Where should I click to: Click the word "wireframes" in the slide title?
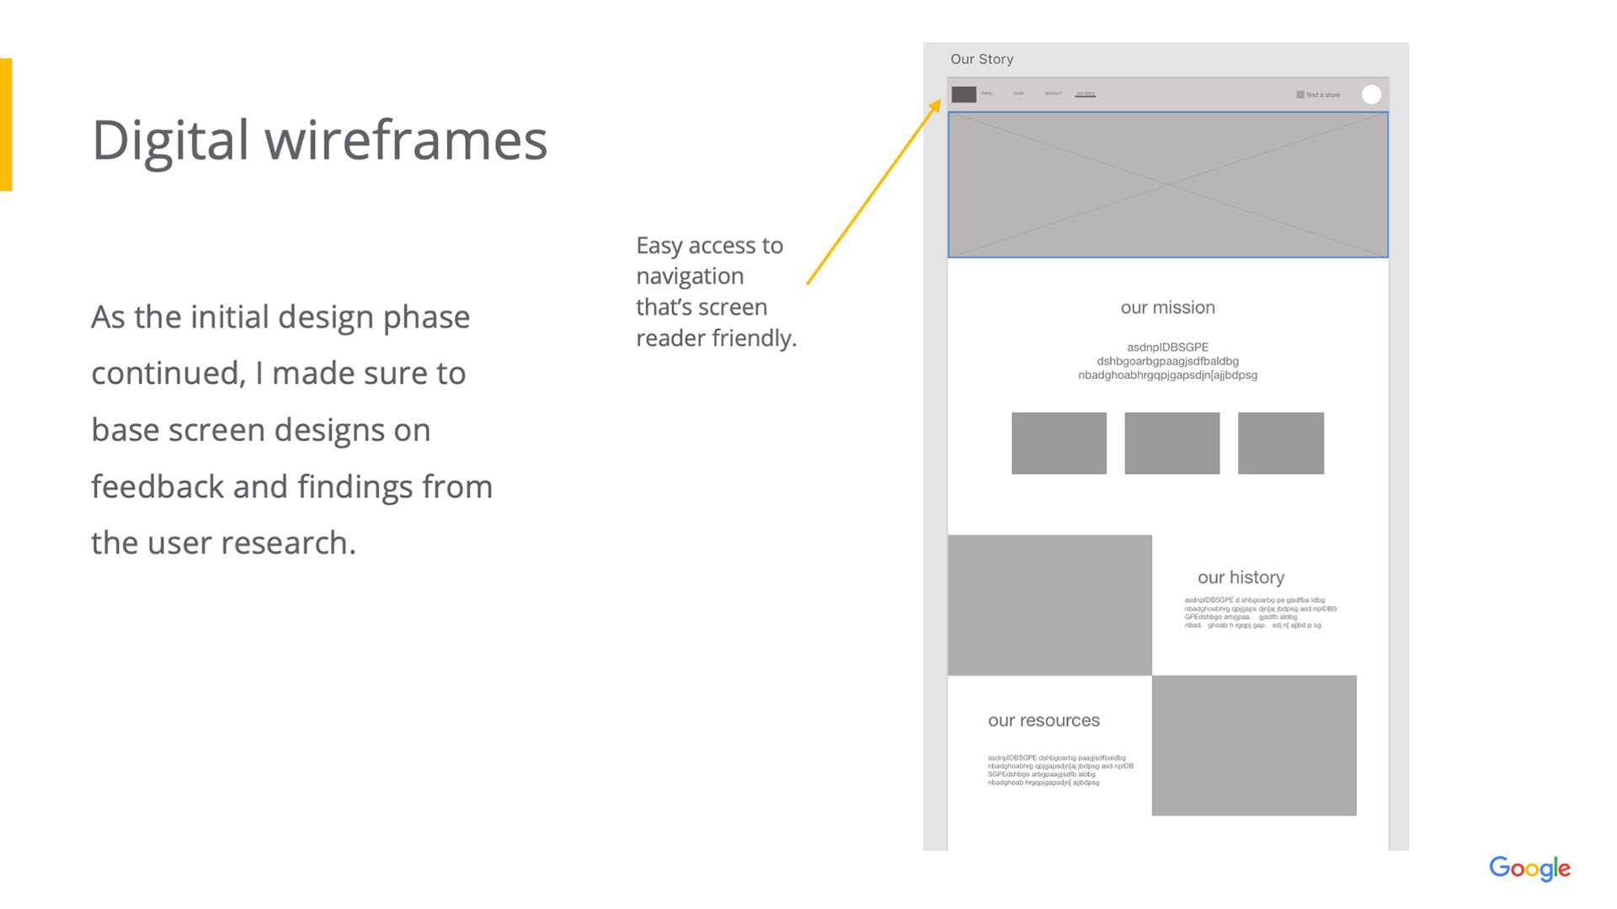pos(406,140)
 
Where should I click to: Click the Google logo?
pos(1529,868)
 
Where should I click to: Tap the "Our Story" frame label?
pos(982,59)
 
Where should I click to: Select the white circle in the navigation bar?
pos(1371,94)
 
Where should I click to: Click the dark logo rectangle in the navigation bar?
pos(963,94)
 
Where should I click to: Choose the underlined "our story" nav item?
pos(1085,93)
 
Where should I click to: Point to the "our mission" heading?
pos(1167,308)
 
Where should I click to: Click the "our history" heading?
pos(1241,577)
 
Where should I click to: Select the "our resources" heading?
pos(1043,720)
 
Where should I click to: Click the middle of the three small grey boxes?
pos(1171,443)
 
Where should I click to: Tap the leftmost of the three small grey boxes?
pos(1059,443)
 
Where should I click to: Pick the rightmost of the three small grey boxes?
pos(1280,443)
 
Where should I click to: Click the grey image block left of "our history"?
pos(1049,604)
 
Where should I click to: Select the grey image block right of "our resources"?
pos(1254,745)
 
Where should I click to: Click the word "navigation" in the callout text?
pos(690,276)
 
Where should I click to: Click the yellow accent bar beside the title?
pos(6,125)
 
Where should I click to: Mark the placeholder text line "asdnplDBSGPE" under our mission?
pos(1167,347)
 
